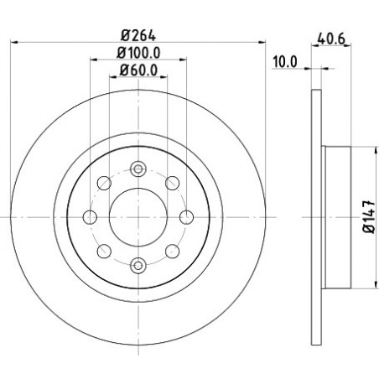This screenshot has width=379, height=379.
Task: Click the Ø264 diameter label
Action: tap(138, 35)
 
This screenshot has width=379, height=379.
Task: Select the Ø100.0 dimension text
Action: tap(138, 53)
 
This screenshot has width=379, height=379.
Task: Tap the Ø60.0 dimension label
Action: tap(138, 70)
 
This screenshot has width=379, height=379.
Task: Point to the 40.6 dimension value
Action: tap(331, 39)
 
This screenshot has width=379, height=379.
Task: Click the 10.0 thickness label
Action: tap(285, 62)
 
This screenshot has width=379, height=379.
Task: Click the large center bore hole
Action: tap(138, 217)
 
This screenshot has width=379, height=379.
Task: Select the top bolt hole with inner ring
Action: tap(138, 169)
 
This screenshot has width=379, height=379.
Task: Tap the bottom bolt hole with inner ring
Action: tap(138, 265)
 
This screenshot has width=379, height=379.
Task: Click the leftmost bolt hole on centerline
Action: tap(90, 217)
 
